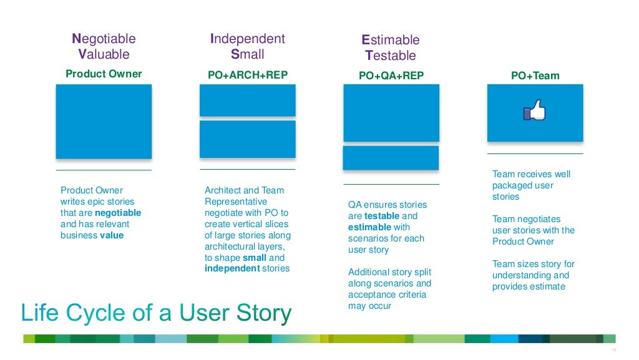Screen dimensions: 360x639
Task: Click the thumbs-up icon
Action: (534, 112)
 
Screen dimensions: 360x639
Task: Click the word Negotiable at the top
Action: (104, 39)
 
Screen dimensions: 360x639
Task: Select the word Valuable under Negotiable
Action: (104, 54)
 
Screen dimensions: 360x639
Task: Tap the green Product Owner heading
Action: (104, 74)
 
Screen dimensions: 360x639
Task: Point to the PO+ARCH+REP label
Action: (248, 75)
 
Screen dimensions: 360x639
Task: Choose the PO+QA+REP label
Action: (391, 75)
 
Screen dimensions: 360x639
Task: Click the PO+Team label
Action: (535, 75)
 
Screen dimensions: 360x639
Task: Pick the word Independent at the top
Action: (248, 39)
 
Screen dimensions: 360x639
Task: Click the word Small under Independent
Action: (248, 54)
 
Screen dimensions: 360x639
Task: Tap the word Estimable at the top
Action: (391, 40)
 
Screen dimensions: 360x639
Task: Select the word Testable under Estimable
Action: (391, 56)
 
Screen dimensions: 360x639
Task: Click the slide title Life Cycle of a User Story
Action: (156, 313)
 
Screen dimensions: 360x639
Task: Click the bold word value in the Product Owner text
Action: (112, 235)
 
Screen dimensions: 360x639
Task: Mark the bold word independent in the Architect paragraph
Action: (232, 268)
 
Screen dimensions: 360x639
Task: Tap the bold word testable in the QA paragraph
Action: (382, 216)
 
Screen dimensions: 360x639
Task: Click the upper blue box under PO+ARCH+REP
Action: (248, 100)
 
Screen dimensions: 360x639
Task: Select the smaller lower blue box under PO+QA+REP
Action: (391, 158)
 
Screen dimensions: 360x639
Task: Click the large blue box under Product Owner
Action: (104, 122)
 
